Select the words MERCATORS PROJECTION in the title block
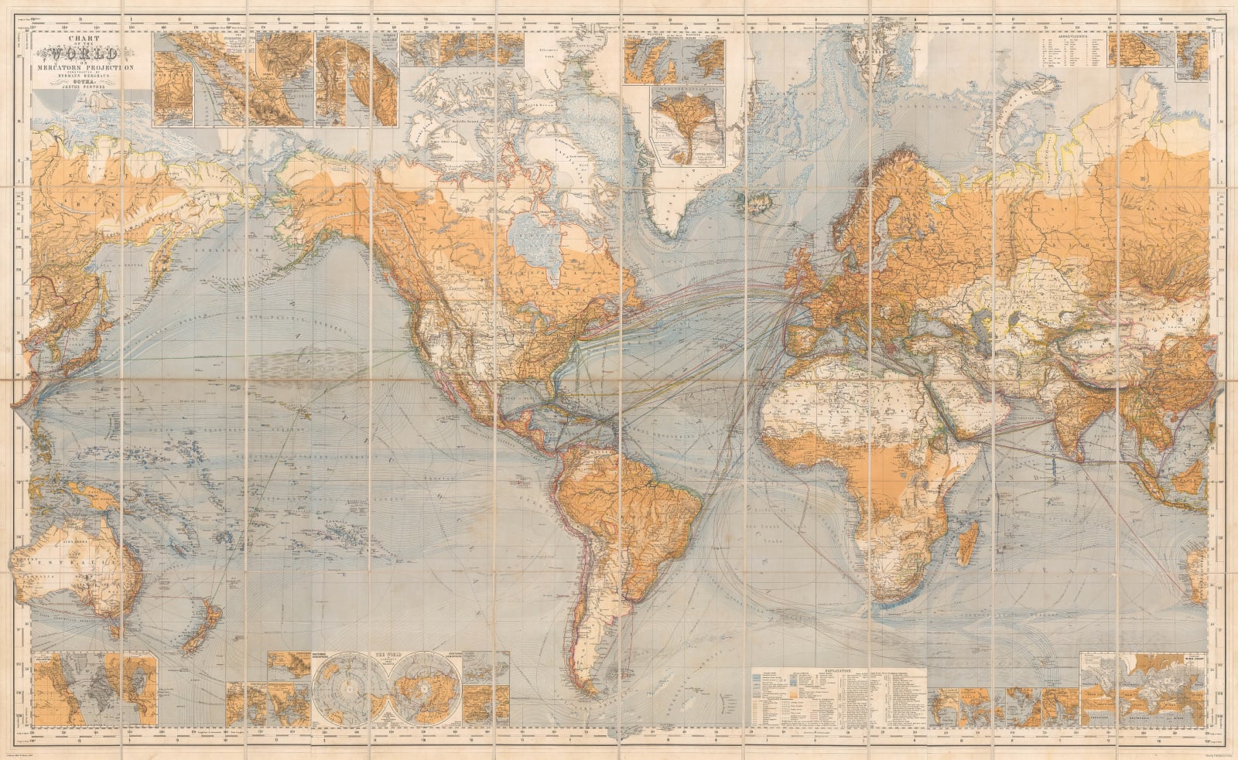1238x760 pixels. [87, 68]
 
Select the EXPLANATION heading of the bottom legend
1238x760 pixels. [839, 673]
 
